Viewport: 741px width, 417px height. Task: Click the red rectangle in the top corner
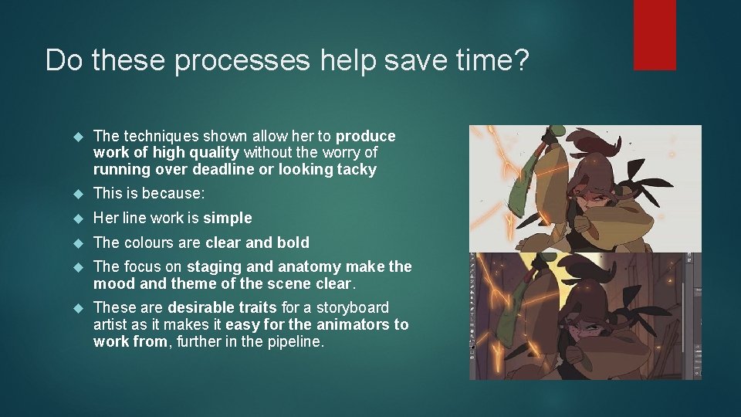pos(655,35)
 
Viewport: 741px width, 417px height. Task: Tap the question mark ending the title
pos(520,59)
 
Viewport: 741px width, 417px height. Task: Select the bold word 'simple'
pos(227,219)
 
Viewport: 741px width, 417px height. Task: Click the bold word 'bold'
pos(293,243)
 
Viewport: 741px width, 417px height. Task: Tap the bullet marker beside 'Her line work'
pos(76,219)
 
